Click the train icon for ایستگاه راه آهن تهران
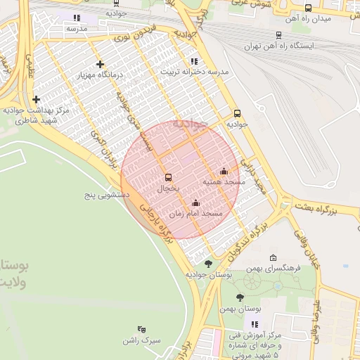tap(279, 34)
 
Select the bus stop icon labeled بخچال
tap(167, 178)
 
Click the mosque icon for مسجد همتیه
tap(224, 171)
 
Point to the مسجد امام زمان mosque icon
tap(195, 203)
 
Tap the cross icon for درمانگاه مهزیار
tap(101, 64)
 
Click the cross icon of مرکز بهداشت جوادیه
tap(36, 100)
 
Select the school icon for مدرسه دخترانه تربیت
tap(194, 61)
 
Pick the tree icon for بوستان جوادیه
tap(207, 264)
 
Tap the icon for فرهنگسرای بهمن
tap(273, 257)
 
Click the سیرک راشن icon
tap(141, 328)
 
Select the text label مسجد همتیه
tap(224, 181)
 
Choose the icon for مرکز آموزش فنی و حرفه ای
tap(255, 324)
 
